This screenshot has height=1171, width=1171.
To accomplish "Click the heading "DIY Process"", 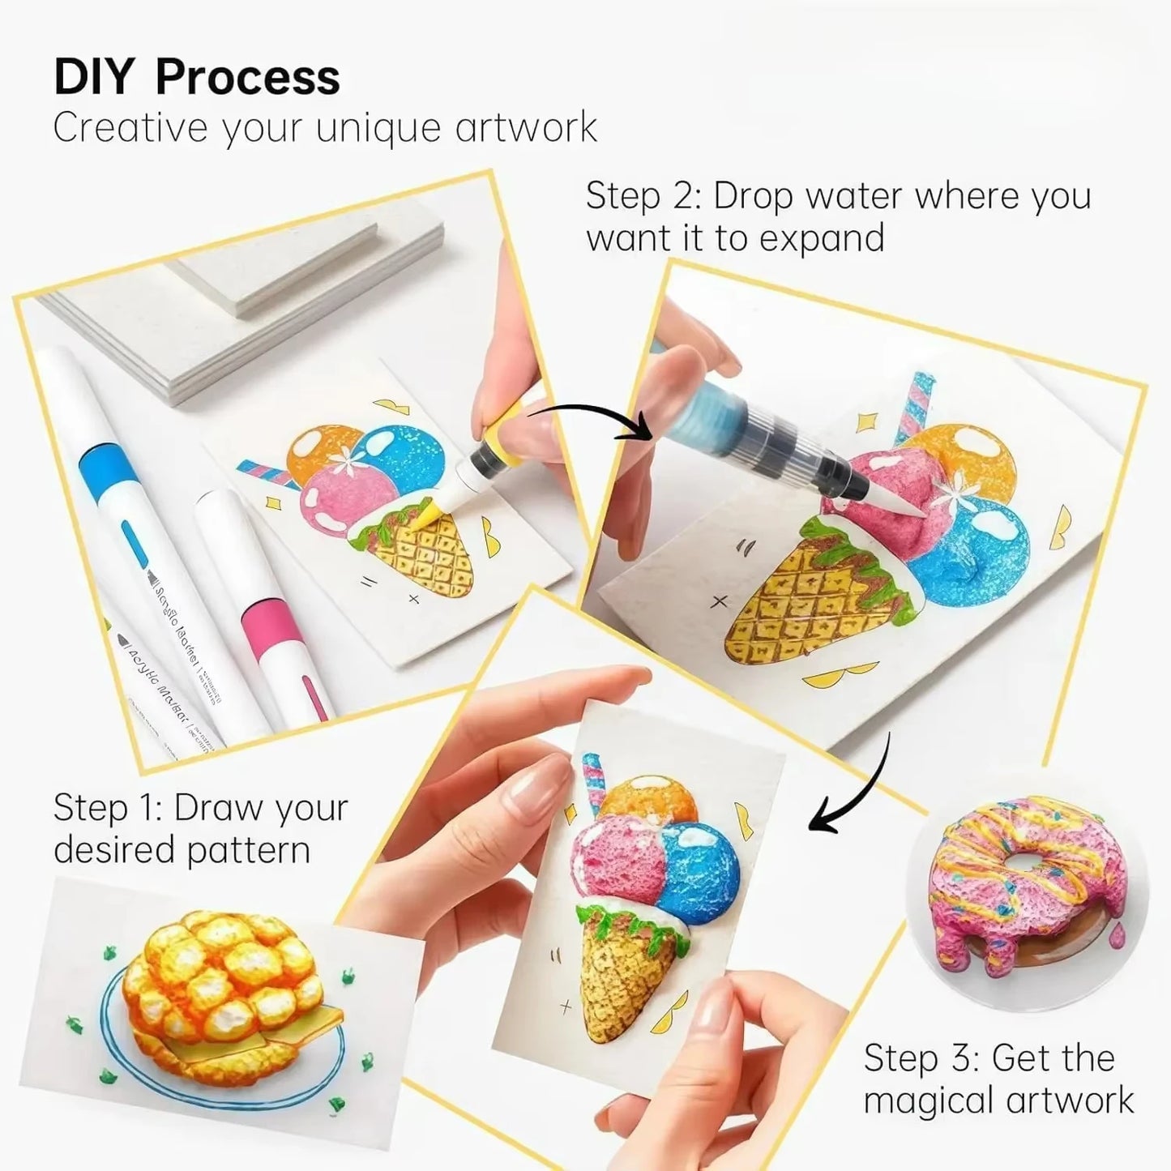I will click(x=196, y=77).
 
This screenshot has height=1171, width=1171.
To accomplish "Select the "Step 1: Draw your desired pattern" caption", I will click(x=200, y=828).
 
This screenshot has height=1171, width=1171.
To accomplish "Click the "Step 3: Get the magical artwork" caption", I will click(x=998, y=1079).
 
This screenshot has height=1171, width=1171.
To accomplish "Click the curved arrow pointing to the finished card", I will click(x=851, y=790).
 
